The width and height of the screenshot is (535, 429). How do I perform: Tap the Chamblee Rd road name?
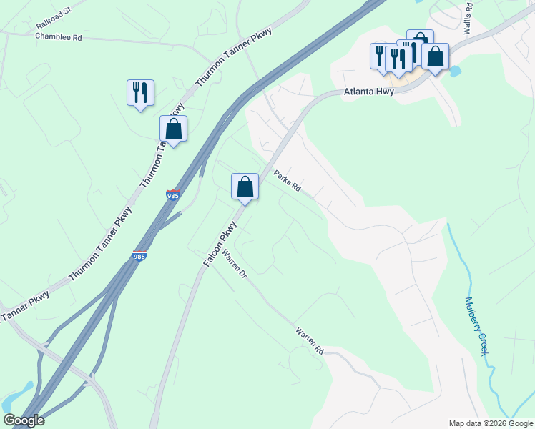click(x=59, y=36)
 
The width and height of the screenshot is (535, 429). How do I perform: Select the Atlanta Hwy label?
click(x=370, y=92)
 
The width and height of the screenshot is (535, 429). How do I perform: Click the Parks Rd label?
click(x=287, y=181)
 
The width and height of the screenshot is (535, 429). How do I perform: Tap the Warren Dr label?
click(x=234, y=264)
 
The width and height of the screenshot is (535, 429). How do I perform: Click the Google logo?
click(x=24, y=420)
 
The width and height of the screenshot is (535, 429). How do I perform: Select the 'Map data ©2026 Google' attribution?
click(x=491, y=423)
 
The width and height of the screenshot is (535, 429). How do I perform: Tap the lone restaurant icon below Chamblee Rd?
click(x=140, y=92)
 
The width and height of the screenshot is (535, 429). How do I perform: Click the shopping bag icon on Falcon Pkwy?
click(x=245, y=187)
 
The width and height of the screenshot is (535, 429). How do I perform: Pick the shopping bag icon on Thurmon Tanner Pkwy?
click(x=173, y=129)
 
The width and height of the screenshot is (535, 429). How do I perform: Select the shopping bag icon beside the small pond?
click(x=435, y=56)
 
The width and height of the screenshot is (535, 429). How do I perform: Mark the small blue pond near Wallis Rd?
click(x=454, y=71)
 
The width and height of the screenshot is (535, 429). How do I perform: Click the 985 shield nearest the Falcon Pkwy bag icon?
click(x=172, y=194)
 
